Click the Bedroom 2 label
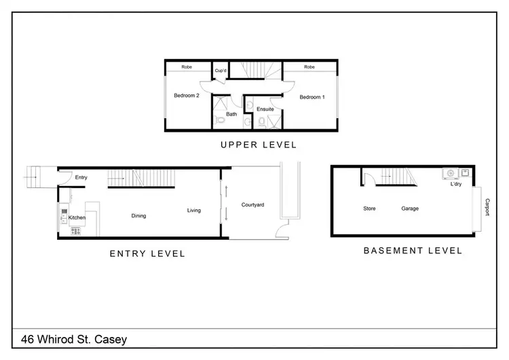[x=187, y=96]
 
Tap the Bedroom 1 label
[x=312, y=97]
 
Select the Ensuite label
[x=265, y=109]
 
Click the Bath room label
[x=231, y=114]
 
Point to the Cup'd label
[x=220, y=71]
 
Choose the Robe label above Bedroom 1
[x=309, y=67]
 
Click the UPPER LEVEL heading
[x=259, y=145]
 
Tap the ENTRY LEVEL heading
[x=147, y=254]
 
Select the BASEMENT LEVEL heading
[x=413, y=251]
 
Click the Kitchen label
[x=77, y=217]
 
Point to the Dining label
[x=138, y=216]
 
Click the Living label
[x=194, y=211]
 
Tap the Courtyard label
[x=252, y=204]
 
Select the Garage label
[x=409, y=209]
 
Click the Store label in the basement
[x=369, y=209]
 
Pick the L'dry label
[x=456, y=183]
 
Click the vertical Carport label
[x=487, y=207]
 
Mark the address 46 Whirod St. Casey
[x=73, y=339]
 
